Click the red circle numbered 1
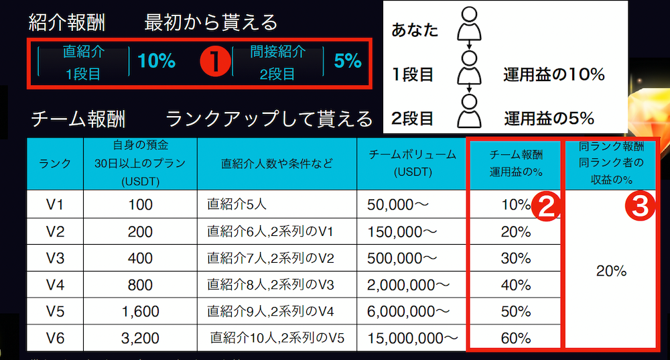point(216,62)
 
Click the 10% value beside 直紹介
point(156,62)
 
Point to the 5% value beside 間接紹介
point(347,62)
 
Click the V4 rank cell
point(55,285)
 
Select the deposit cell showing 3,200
point(140,338)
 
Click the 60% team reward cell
point(515,338)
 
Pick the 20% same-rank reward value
point(611,271)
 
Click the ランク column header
point(55,164)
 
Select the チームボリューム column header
point(412,163)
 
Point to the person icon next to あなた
point(469,29)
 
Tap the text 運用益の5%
point(549,119)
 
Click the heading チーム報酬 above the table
point(78,120)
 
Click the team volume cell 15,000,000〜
point(412,338)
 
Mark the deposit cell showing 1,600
point(140,311)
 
